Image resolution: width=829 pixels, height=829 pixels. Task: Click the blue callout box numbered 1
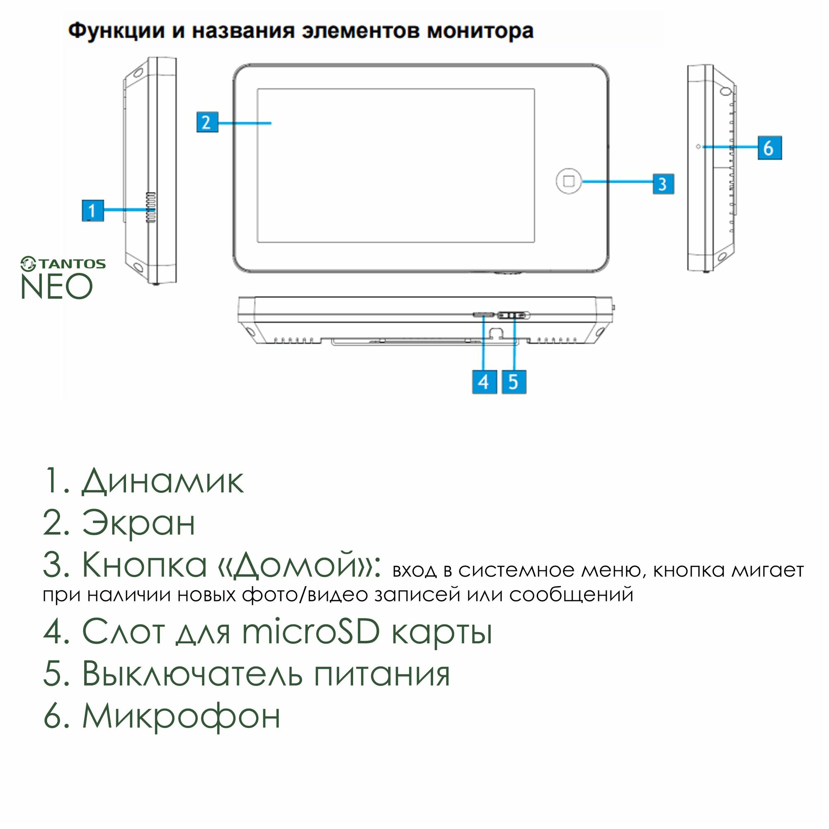(93, 210)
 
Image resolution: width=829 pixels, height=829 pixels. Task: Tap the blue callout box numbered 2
(207, 122)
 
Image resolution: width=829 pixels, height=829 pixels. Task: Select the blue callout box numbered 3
(663, 184)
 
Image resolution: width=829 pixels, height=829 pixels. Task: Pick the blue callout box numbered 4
(484, 381)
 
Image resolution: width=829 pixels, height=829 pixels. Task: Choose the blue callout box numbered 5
(514, 381)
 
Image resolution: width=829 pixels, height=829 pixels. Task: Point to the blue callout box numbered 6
(769, 148)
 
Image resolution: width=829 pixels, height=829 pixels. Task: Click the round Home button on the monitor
(569, 181)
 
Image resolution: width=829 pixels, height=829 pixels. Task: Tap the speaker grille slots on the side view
(150, 207)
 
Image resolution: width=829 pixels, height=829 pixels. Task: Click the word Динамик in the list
(162, 481)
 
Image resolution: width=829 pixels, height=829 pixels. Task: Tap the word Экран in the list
(138, 523)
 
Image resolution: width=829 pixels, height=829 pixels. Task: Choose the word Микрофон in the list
(181, 716)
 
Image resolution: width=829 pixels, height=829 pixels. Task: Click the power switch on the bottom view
(514, 315)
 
